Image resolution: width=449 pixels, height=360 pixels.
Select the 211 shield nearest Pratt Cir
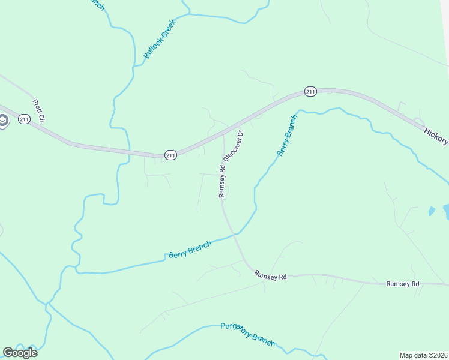point(24,119)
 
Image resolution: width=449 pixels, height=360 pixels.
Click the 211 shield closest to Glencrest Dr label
point(171,155)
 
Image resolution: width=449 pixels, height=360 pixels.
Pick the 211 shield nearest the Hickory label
point(310,91)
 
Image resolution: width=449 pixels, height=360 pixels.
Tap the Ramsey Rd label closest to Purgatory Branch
point(270,276)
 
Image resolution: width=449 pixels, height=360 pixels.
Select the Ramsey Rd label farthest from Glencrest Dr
point(402,283)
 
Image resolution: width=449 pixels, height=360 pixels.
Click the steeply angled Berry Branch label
point(287,136)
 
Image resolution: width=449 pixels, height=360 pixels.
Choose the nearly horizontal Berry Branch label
point(190,248)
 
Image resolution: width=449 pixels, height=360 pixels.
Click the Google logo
point(20,352)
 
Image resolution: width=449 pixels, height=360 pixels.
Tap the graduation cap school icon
point(2,122)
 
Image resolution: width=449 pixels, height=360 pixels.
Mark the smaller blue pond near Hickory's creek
point(432,211)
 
